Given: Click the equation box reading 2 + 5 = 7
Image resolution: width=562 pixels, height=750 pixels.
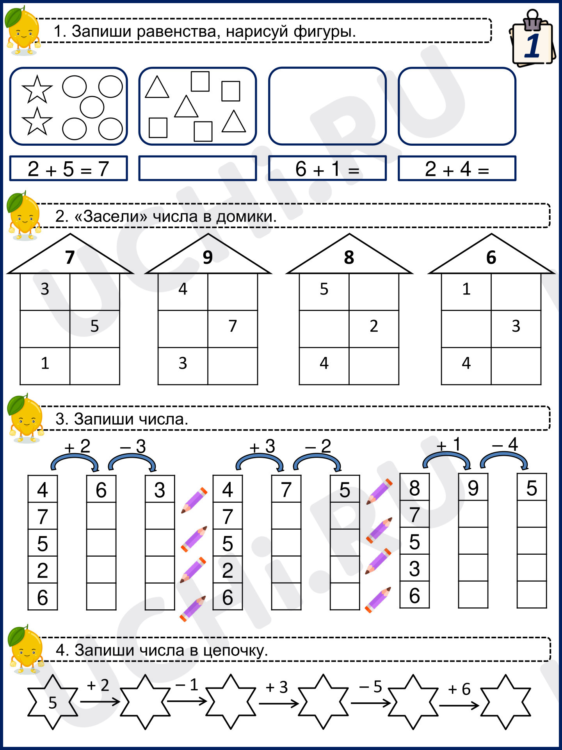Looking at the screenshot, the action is coord(68,168).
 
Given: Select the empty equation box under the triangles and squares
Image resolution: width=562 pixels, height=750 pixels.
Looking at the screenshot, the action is coord(197,168).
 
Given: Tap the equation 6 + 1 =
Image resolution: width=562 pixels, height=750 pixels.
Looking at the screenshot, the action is coord(327,168).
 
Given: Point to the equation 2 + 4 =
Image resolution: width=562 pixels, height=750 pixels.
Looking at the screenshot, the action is coord(457,168).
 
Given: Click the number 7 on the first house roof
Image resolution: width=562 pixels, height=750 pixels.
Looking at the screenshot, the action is coord(70,257).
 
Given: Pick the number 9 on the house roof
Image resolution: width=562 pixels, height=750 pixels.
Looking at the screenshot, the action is coord(208,257).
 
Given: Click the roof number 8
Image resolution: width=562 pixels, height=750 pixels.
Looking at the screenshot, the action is coord(349,257).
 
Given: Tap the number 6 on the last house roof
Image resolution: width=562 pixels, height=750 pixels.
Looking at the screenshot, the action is coord(491,257).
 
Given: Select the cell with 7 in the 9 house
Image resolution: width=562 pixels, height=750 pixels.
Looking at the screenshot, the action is coord(233,329).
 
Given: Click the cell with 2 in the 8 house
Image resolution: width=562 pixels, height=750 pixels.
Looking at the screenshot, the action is coord(374,329).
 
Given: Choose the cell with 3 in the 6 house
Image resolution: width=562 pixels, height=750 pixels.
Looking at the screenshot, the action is coord(516,329).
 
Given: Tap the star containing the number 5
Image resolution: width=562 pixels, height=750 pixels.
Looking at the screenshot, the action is coord(53,702).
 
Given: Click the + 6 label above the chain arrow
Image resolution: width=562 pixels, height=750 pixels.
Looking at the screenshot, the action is coord(459,689).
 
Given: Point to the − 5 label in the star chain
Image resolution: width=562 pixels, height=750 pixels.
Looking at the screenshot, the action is coord(370,686).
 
